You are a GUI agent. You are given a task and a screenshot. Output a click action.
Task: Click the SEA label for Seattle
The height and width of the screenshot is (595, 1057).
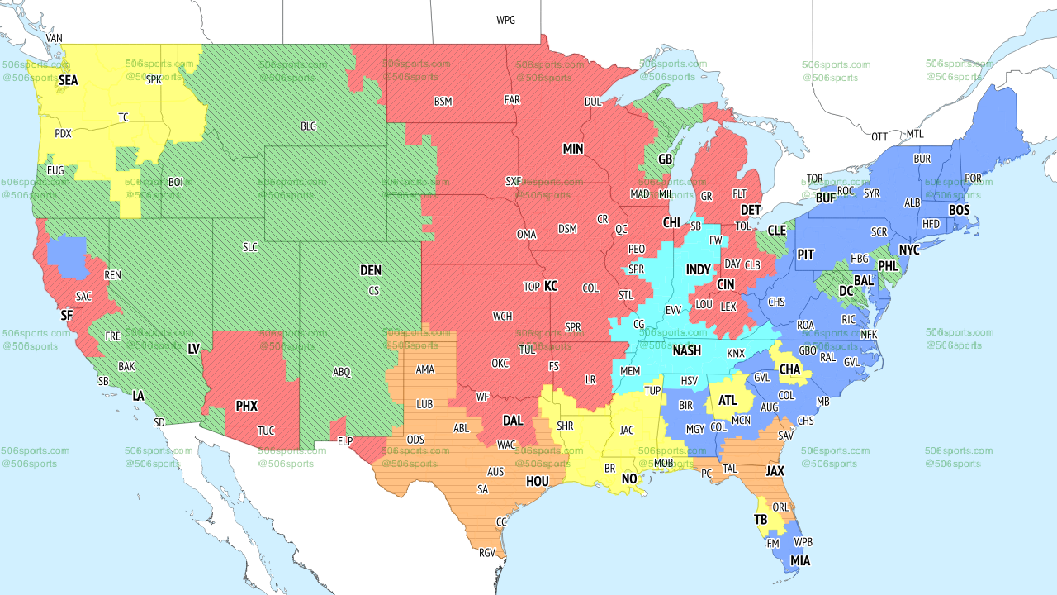click(x=68, y=81)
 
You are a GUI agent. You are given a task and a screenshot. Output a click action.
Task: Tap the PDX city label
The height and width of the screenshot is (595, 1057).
click(x=63, y=133)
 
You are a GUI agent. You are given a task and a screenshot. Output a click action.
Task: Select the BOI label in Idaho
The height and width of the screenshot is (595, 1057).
click(x=176, y=182)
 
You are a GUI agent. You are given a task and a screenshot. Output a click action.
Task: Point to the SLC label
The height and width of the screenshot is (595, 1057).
click(x=250, y=247)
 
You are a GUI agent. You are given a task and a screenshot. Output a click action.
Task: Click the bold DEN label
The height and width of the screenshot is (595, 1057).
click(x=371, y=270)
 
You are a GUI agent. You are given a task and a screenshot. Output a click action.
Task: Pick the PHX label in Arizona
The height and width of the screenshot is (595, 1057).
click(x=246, y=406)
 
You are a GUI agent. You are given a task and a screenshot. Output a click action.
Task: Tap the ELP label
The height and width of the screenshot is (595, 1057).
click(x=346, y=441)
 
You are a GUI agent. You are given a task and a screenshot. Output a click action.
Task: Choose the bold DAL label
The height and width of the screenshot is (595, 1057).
click(x=513, y=421)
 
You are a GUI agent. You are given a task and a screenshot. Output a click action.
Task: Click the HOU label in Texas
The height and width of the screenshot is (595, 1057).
click(x=538, y=481)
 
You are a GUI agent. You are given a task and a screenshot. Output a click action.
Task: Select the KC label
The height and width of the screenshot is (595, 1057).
click(x=551, y=286)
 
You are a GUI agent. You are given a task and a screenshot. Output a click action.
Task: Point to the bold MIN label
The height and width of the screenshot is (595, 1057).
click(x=573, y=149)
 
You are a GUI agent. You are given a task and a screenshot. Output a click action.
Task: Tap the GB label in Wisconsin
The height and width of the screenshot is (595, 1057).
click(x=665, y=159)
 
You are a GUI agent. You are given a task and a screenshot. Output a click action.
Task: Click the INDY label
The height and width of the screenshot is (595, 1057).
click(x=698, y=270)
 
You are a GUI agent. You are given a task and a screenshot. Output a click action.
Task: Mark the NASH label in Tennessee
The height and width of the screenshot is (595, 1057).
click(x=686, y=350)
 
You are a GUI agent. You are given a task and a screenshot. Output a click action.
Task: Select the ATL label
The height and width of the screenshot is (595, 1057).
click(x=728, y=401)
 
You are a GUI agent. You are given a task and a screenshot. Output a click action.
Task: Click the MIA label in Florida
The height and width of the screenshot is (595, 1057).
click(x=799, y=561)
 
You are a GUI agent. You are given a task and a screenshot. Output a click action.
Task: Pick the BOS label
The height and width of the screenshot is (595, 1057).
click(x=959, y=211)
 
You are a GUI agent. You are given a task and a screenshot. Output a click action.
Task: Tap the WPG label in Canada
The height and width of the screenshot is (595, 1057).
click(x=505, y=20)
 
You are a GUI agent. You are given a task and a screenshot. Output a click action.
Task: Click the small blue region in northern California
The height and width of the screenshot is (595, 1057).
click(x=67, y=256)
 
